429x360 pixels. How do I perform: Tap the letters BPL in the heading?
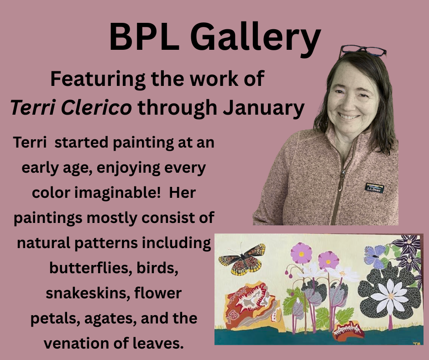[144, 37]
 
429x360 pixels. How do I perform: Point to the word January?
[264, 108]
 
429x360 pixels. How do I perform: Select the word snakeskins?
[88, 293]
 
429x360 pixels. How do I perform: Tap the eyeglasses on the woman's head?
[363, 51]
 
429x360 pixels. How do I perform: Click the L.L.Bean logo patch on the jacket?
[374, 188]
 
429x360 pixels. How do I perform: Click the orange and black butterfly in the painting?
[242, 259]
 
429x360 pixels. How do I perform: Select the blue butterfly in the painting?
[375, 256]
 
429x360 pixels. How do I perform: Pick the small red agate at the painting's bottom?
[349, 331]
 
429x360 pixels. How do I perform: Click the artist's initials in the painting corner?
[416, 343]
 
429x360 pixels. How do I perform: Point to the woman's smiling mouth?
[348, 116]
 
